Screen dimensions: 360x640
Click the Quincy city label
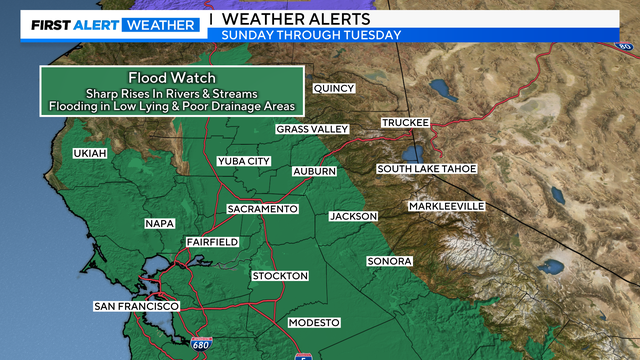(x=334, y=88)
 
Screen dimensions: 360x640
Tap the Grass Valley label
(x=312, y=129)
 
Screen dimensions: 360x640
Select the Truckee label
(x=405, y=123)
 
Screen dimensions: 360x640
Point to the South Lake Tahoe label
(x=426, y=168)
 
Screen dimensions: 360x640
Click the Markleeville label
(x=446, y=206)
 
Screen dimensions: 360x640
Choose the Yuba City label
(x=244, y=161)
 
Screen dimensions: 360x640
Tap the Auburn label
(x=314, y=172)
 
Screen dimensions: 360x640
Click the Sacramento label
(x=263, y=209)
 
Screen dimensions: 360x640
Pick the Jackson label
(x=353, y=216)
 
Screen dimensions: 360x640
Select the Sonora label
(x=389, y=261)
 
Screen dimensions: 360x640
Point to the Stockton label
(x=280, y=275)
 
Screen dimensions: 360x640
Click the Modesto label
(x=314, y=322)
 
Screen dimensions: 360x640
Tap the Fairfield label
(x=212, y=242)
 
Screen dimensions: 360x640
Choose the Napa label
(x=160, y=223)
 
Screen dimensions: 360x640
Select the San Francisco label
(x=136, y=305)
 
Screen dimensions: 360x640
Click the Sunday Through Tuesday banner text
(x=312, y=35)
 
